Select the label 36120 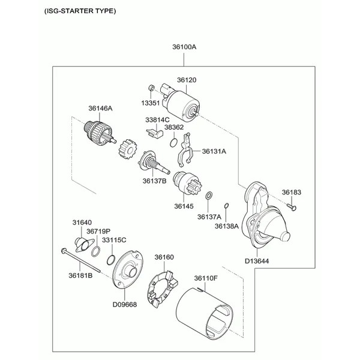click(x=187, y=80)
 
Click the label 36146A click(x=100, y=109)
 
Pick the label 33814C click(x=157, y=120)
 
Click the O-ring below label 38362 click(x=173, y=142)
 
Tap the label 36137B click(x=154, y=181)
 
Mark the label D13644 click(x=257, y=260)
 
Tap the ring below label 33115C click(x=110, y=259)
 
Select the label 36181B click(x=80, y=276)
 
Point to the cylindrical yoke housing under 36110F click(x=205, y=315)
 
